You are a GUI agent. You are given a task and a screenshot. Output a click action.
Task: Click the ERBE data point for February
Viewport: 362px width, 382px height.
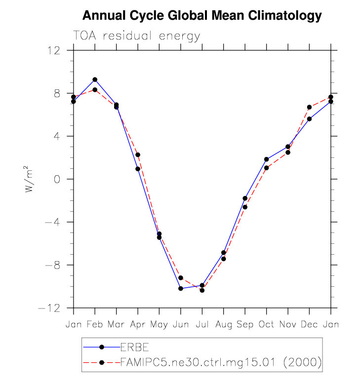pyautogui.click(x=95, y=79)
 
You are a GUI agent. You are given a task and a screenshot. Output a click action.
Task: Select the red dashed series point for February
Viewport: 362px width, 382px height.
pyautogui.click(x=95, y=90)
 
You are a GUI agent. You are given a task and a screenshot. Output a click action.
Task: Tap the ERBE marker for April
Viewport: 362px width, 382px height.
pyautogui.click(x=138, y=169)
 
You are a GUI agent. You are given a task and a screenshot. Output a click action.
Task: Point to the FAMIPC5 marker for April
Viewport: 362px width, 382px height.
pyautogui.click(x=138, y=155)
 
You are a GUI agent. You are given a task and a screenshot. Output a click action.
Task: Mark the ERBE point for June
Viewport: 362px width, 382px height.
pyautogui.click(x=181, y=288)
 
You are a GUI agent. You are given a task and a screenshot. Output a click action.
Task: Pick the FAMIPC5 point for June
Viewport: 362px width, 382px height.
pyautogui.click(x=181, y=278)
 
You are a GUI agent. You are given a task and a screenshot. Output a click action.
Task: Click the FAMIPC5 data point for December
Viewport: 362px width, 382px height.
pyautogui.click(x=309, y=107)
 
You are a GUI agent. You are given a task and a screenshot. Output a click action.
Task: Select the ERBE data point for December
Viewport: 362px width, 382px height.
pyautogui.click(x=309, y=119)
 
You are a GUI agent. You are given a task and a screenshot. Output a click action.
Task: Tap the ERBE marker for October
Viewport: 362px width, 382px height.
pyautogui.click(x=266, y=159)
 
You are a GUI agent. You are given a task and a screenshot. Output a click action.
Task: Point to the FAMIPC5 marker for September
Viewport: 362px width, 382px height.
pyautogui.click(x=245, y=207)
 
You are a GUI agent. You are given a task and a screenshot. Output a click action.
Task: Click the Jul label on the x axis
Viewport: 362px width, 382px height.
pyautogui.click(x=202, y=324)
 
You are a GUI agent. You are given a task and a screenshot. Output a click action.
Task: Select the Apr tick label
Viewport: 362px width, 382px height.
pyautogui.click(x=138, y=324)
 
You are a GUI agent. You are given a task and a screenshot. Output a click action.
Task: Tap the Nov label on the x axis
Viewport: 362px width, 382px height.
pyautogui.click(x=288, y=324)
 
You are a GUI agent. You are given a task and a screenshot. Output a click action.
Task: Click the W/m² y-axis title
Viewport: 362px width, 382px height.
pyautogui.click(x=31, y=179)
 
